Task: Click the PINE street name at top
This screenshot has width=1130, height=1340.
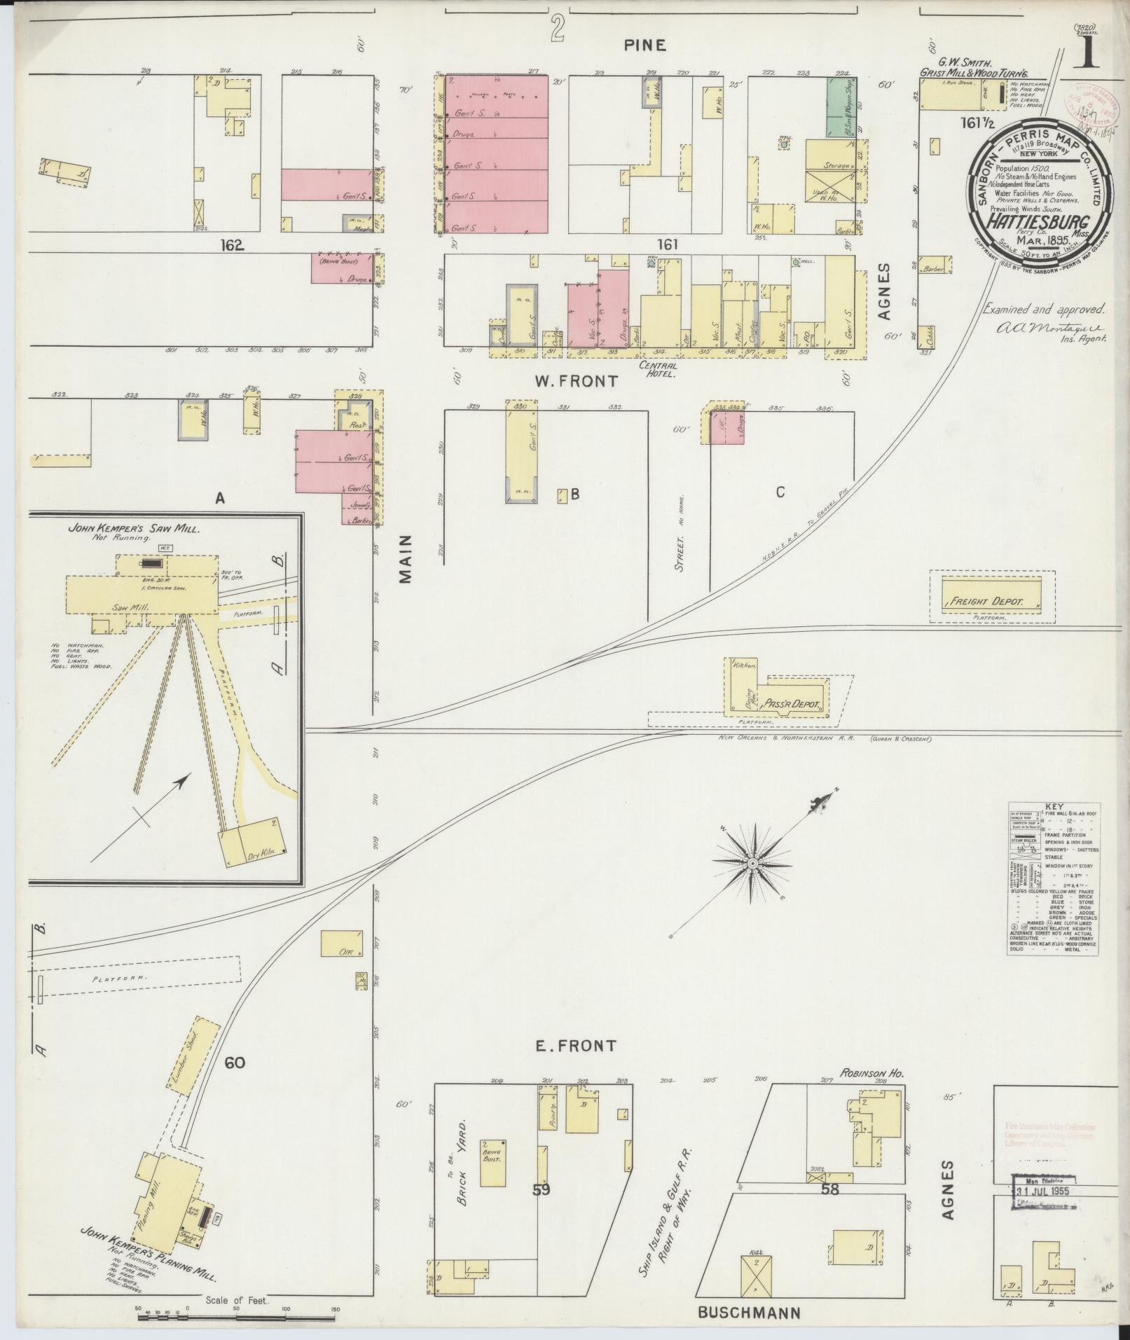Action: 645,46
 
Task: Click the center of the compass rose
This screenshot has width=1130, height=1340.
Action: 752,864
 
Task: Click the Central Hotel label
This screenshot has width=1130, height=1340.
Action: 657,368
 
